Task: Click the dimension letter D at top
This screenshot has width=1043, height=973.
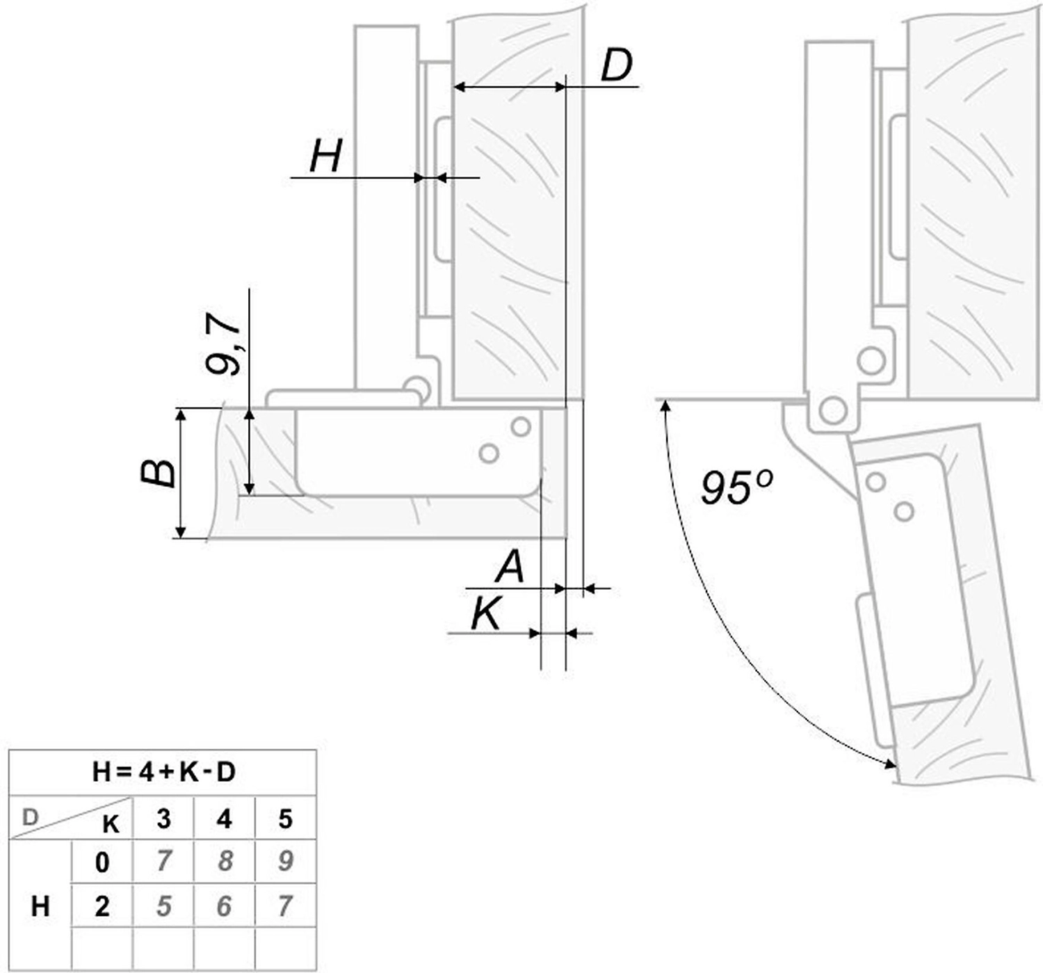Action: tap(617, 66)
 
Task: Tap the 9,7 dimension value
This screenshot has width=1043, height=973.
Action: tap(224, 344)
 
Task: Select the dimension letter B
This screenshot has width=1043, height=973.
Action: tap(159, 473)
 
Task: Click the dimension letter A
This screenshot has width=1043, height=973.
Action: tap(510, 566)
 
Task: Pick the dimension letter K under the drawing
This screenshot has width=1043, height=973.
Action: tap(486, 614)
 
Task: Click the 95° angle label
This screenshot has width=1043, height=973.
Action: tap(736, 488)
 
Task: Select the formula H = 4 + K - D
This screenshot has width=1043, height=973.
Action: tap(163, 771)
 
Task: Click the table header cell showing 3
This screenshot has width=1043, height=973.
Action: tap(163, 819)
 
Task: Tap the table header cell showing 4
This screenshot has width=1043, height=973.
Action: tap(224, 819)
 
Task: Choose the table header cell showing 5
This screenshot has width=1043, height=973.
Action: tap(285, 819)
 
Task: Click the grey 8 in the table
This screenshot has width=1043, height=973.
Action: tap(225, 861)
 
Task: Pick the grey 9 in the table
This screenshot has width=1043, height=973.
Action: tap(285, 861)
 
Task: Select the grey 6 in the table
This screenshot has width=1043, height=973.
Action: tap(224, 906)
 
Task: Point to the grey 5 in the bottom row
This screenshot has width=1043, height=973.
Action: tap(163, 906)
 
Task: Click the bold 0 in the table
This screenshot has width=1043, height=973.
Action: tap(102, 862)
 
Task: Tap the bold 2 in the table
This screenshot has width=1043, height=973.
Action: tap(102, 906)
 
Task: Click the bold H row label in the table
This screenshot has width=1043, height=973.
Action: tap(40, 906)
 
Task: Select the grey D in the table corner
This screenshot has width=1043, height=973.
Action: tap(30, 817)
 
